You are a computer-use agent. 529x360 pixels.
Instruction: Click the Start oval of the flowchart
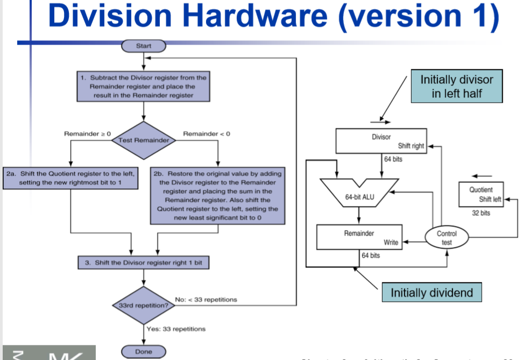pyautogui.click(x=144, y=46)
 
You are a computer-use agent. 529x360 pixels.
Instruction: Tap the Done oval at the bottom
pyautogui.click(x=144, y=351)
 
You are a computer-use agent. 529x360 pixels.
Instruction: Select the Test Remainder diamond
pyautogui.click(x=144, y=140)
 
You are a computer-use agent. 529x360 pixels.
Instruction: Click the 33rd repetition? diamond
pyautogui.click(x=144, y=305)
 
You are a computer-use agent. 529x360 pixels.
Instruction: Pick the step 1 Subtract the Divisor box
pyautogui.click(x=144, y=87)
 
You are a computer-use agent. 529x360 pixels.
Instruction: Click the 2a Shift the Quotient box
pyautogui.click(x=70, y=178)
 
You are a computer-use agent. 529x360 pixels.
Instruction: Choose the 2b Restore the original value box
pyautogui.click(x=217, y=196)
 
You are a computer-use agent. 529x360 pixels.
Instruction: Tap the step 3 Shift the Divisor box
pyautogui.click(x=144, y=263)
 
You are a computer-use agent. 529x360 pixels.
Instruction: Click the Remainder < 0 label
pyautogui.click(x=207, y=133)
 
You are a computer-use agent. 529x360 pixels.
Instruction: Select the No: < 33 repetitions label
pyautogui.click(x=206, y=299)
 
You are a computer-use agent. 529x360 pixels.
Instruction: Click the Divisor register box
pyautogui.click(x=381, y=140)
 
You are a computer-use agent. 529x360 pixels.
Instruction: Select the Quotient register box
pyautogui.click(x=481, y=194)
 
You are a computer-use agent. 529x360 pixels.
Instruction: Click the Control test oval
pyautogui.click(x=447, y=238)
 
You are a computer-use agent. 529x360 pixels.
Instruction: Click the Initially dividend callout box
pyautogui.click(x=432, y=293)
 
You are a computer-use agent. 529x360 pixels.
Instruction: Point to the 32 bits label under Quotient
pyautogui.click(x=481, y=213)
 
